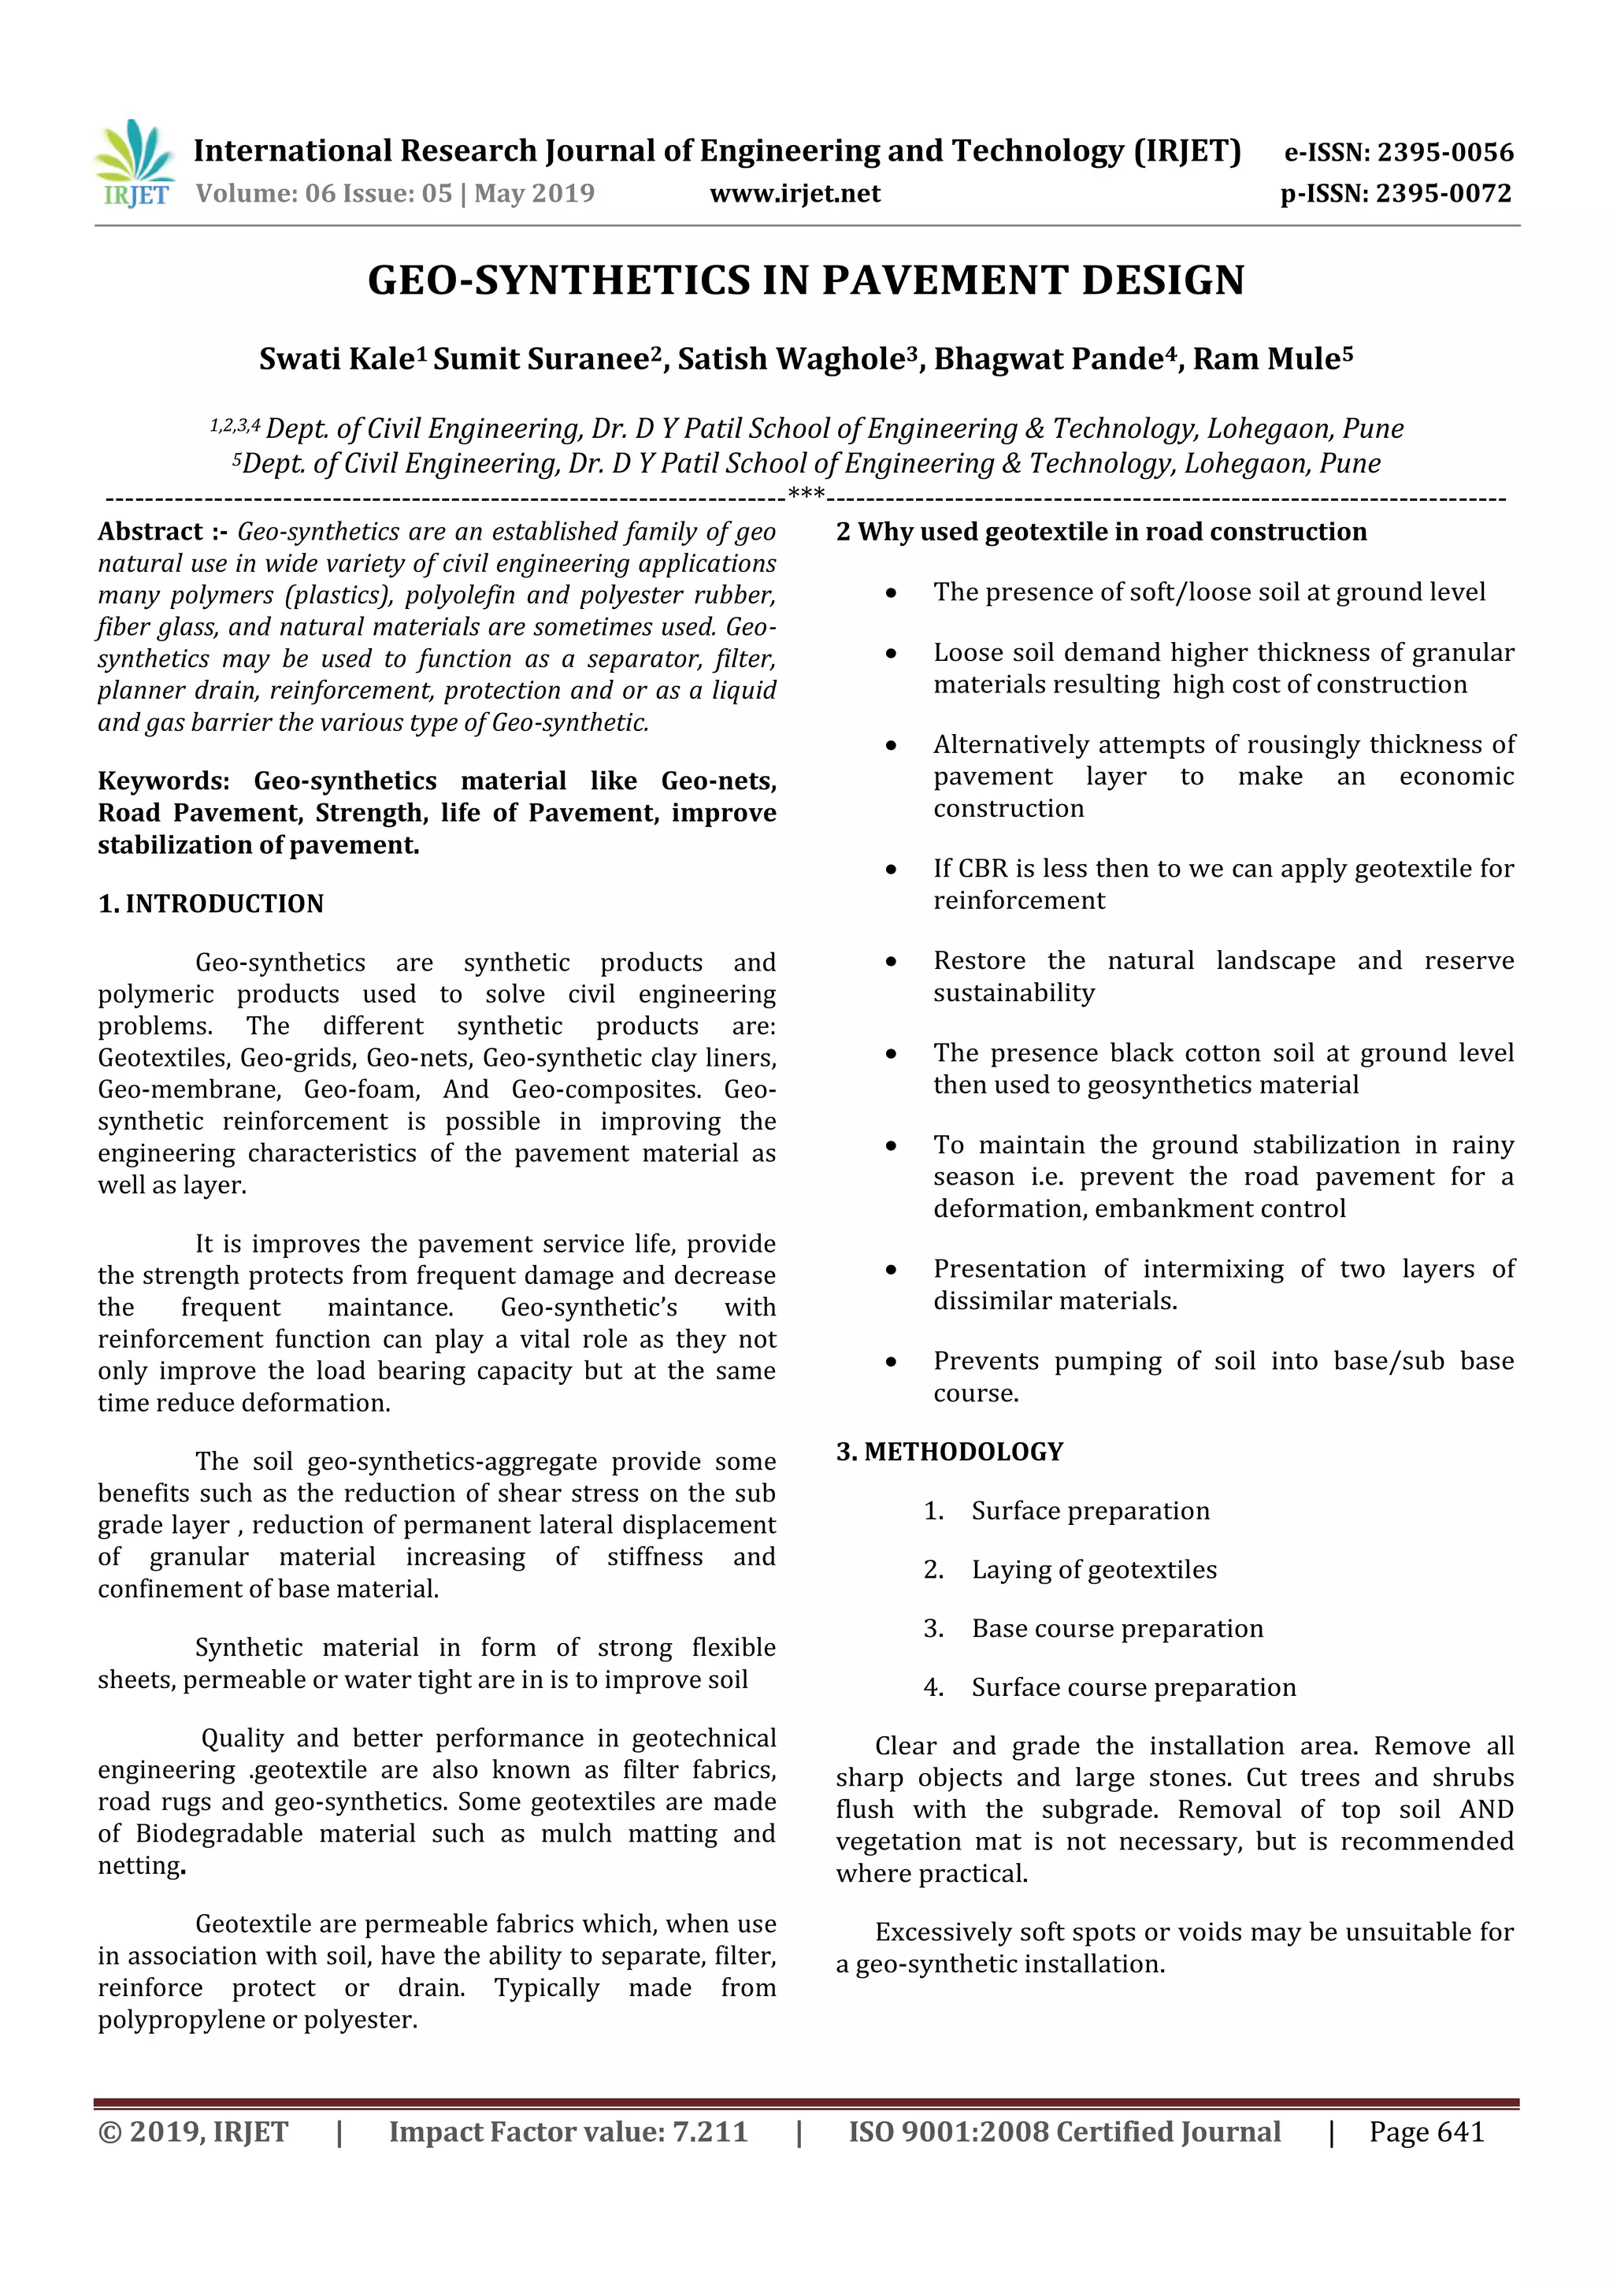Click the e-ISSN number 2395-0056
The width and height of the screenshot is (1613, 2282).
(x=1444, y=152)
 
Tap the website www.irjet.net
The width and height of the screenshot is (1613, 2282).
(x=794, y=193)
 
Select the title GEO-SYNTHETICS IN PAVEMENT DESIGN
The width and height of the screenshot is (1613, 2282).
(x=805, y=280)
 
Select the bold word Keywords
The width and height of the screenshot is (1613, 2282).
(x=163, y=781)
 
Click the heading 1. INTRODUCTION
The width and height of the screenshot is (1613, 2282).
(x=211, y=904)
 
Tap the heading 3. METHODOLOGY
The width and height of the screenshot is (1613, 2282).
(x=949, y=1451)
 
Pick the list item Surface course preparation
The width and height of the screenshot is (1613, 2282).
(x=1133, y=1686)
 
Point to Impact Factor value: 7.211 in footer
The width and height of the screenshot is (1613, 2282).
(x=568, y=2131)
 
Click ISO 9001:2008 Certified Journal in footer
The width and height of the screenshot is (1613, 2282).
(x=1063, y=2131)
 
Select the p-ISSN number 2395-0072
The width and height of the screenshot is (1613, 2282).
(x=1444, y=193)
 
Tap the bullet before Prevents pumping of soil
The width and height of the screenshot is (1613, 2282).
(x=892, y=1363)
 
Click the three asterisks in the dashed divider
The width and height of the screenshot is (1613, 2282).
(x=805, y=494)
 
